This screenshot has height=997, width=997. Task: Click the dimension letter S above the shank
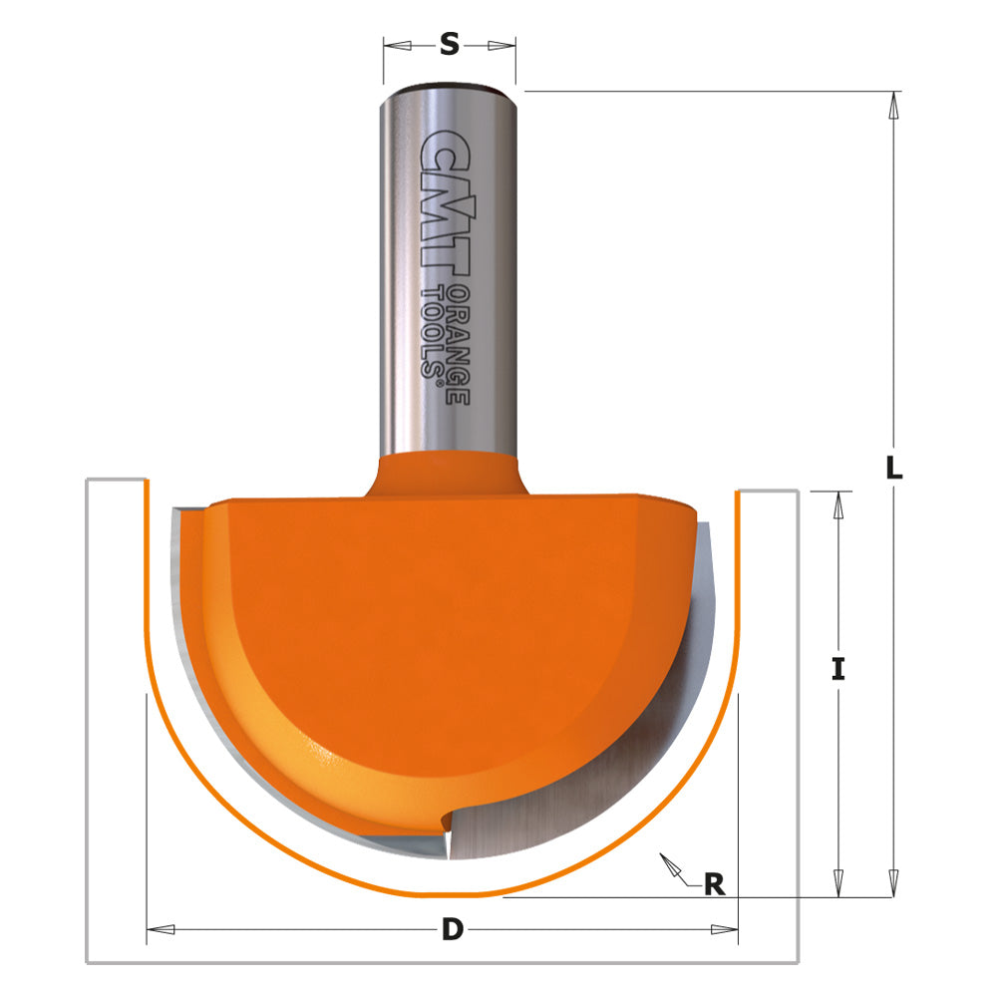(450, 44)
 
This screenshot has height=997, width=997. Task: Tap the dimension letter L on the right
(894, 468)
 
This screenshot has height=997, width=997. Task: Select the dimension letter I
(838, 669)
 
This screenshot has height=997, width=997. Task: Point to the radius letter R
(714, 883)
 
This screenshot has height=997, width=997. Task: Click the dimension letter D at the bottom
(453, 930)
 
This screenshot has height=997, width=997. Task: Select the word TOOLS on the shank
(432, 330)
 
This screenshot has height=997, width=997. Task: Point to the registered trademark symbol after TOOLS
(432, 371)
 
